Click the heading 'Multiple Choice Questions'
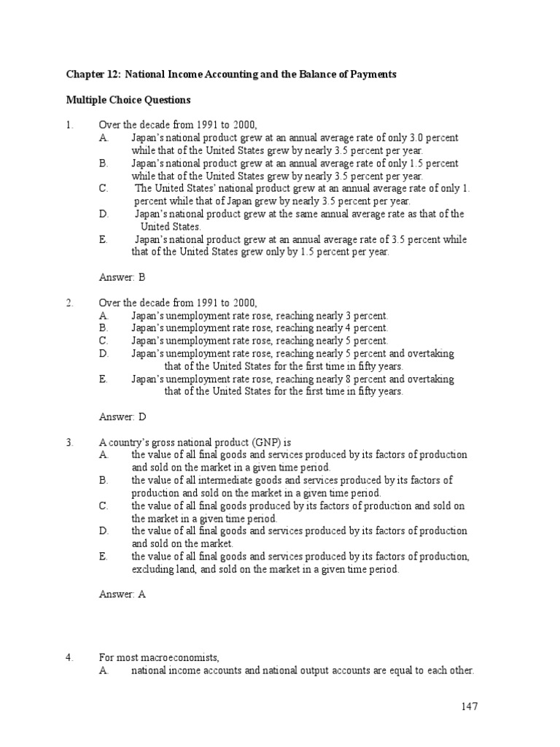[x=128, y=99]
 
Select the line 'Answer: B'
[x=122, y=277]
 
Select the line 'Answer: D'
[x=122, y=417]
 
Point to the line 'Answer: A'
[x=122, y=595]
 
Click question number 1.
[x=69, y=125]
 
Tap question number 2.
[x=69, y=302]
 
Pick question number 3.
[x=69, y=442]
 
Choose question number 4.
[x=69, y=658]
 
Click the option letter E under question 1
[x=103, y=239]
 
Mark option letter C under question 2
[x=103, y=341]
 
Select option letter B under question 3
[x=103, y=480]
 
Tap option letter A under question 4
[x=103, y=671]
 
